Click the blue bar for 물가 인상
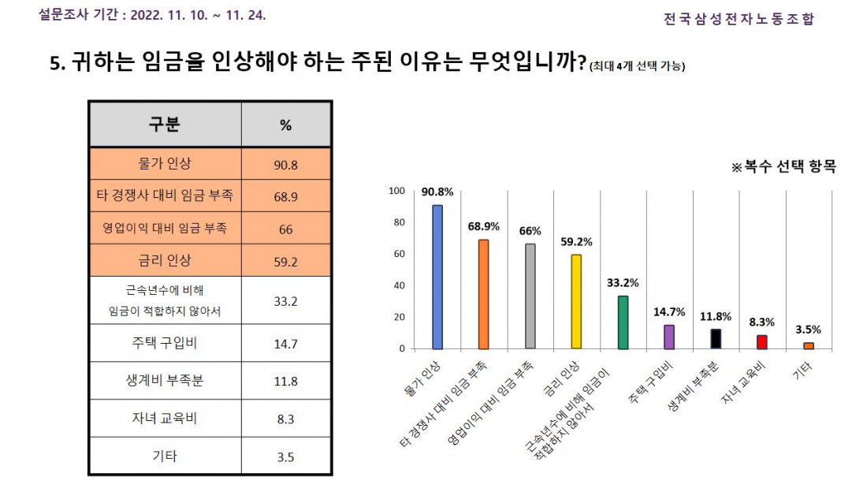[437, 277]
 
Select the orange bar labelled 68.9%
[484, 294]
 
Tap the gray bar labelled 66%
[530, 296]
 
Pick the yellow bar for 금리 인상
[576, 301]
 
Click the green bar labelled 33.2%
[623, 322]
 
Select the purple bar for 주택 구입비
[669, 337]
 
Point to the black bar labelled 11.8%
[716, 339]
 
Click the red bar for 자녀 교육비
[762, 342]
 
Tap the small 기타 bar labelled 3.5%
[809, 345]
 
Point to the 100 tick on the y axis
[396, 191]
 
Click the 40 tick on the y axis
[399, 285]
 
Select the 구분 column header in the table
[165, 125]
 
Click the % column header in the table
[286, 125]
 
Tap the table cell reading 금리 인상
[165, 260]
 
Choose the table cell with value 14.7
[286, 343]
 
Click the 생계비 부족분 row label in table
[165, 381]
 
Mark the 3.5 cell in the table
[286, 456]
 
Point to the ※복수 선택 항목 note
[783, 167]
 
